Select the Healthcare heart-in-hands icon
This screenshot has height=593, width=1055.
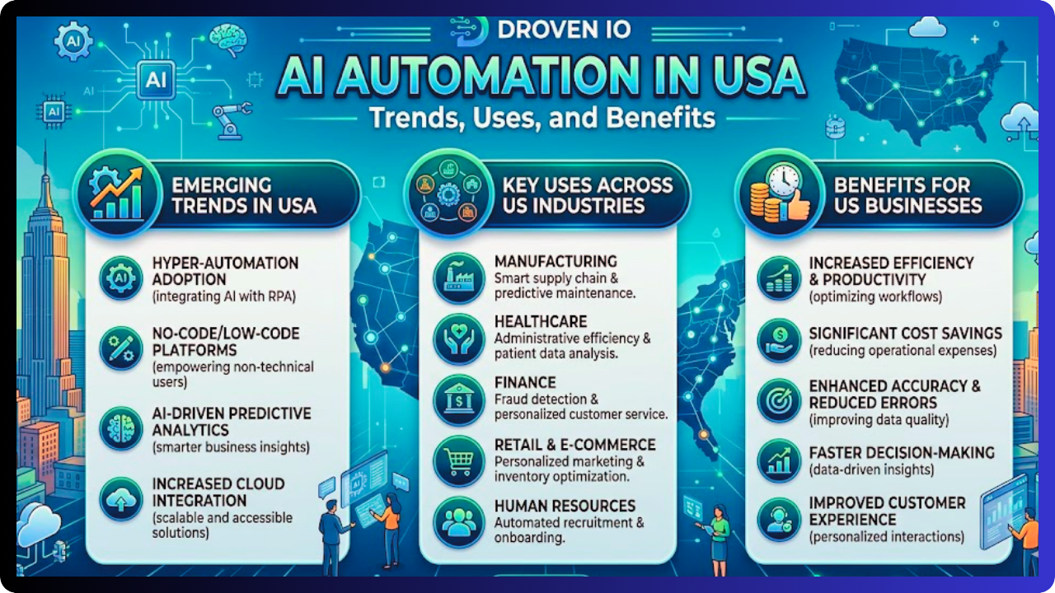pos(459,339)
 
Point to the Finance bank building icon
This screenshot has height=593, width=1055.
pos(459,399)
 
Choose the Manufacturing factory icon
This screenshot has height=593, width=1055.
pos(459,278)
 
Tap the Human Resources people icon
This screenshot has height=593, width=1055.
pos(459,521)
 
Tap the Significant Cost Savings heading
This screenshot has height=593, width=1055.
pos(905,334)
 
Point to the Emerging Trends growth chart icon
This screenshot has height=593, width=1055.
pos(117,194)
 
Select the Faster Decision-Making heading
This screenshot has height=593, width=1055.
pos(902,452)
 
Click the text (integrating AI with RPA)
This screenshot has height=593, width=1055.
pos(224,296)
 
